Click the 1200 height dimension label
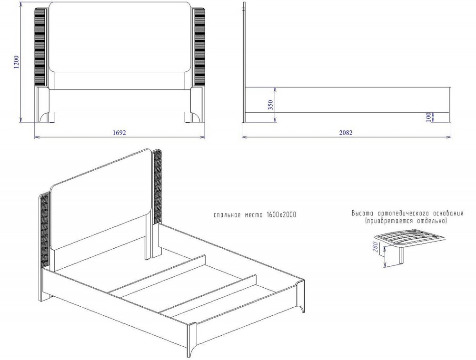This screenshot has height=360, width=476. (x=16, y=62)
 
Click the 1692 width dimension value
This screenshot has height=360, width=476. (x=119, y=133)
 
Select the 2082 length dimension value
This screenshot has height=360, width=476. (x=346, y=133)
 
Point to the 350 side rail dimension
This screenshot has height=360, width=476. (x=271, y=105)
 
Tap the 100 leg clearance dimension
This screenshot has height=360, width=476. (x=428, y=117)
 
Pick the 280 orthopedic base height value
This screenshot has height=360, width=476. (x=375, y=247)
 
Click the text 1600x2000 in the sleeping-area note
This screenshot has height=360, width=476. (x=281, y=215)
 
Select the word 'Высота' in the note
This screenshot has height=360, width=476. (x=362, y=213)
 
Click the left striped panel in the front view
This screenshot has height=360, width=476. (x=40, y=47)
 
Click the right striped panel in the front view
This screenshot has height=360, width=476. (x=199, y=47)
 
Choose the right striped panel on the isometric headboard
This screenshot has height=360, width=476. (x=157, y=186)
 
